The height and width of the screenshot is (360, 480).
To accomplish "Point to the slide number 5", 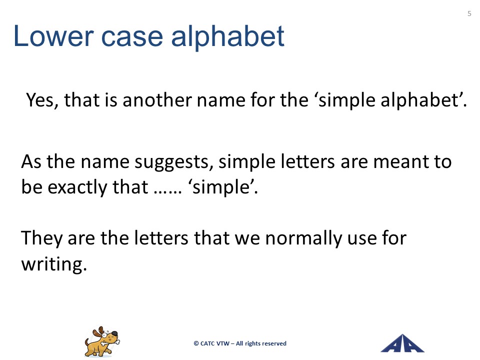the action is click(469, 13).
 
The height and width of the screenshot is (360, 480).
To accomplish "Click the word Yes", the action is click(42, 100).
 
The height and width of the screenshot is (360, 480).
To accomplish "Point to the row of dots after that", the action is click(167, 192).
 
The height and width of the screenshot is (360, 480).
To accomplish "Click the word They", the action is click(41, 238).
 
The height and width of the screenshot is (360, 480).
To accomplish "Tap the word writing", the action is click(54, 264).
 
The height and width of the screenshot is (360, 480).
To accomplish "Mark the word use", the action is click(362, 239).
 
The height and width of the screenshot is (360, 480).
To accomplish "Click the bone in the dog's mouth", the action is click(110, 341).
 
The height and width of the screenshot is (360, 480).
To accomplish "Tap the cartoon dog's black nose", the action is click(114, 333).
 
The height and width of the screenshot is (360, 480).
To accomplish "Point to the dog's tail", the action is click(87, 341).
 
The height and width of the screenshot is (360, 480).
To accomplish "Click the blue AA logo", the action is click(402, 343).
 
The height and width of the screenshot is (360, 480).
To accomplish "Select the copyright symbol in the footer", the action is click(196, 344).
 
